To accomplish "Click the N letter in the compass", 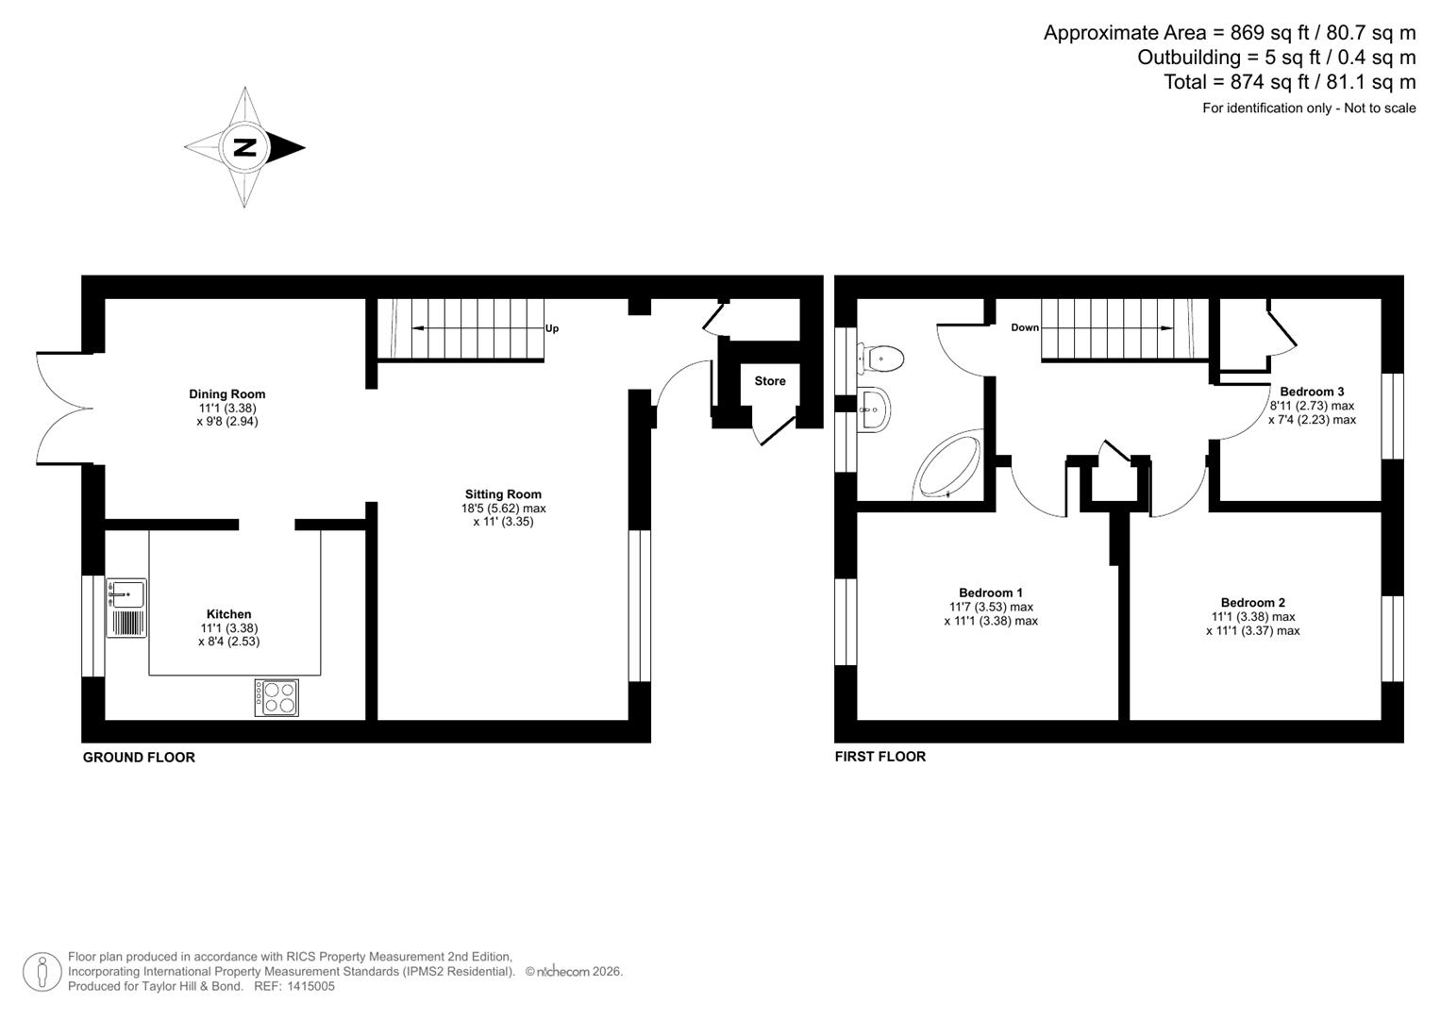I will (x=244, y=148).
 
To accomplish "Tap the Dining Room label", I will (x=226, y=394).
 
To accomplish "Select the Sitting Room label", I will (x=503, y=494).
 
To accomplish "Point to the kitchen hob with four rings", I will (x=276, y=697).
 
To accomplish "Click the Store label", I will (x=770, y=381).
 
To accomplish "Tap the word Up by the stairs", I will (x=552, y=328).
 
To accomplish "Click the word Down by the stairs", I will (x=1025, y=328).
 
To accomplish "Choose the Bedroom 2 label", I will (x=1252, y=603).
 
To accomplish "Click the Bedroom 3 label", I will (x=1312, y=392).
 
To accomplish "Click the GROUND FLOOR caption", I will (x=139, y=758).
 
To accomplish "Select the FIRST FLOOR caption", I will (x=880, y=757).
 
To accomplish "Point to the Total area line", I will (x=1289, y=82).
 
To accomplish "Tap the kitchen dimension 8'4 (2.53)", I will (x=228, y=642).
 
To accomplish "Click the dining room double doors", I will (x=63, y=409).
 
